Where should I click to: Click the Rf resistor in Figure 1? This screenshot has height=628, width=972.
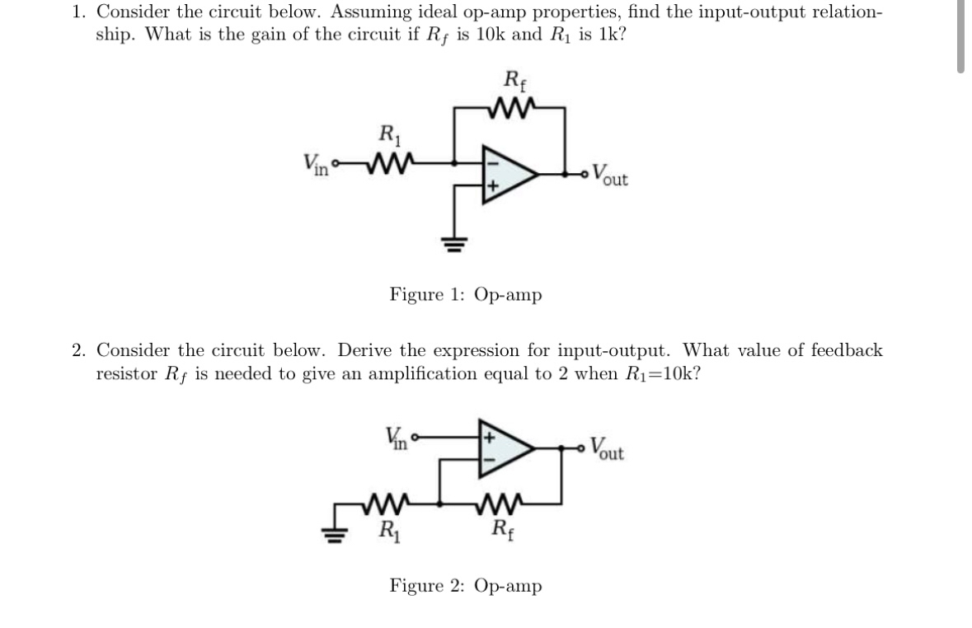pyautogui.click(x=509, y=105)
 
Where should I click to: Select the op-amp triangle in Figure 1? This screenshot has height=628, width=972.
pyautogui.click(x=507, y=174)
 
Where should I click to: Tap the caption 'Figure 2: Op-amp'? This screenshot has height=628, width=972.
pyautogui.click(x=466, y=587)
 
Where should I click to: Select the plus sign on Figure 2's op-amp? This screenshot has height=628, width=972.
pyautogui.click(x=488, y=434)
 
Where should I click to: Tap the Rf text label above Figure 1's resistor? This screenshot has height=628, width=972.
pyautogui.click(x=513, y=81)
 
